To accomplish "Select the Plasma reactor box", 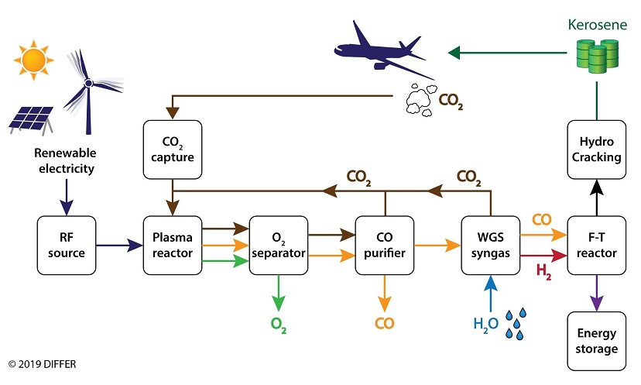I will [x=171, y=246].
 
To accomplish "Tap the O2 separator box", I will [x=278, y=246].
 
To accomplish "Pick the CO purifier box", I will [x=384, y=246].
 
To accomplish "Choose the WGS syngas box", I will [x=490, y=246].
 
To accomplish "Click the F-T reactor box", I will [x=596, y=246].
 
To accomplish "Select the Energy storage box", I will [x=596, y=340].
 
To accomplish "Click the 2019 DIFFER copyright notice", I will [x=44, y=363].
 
